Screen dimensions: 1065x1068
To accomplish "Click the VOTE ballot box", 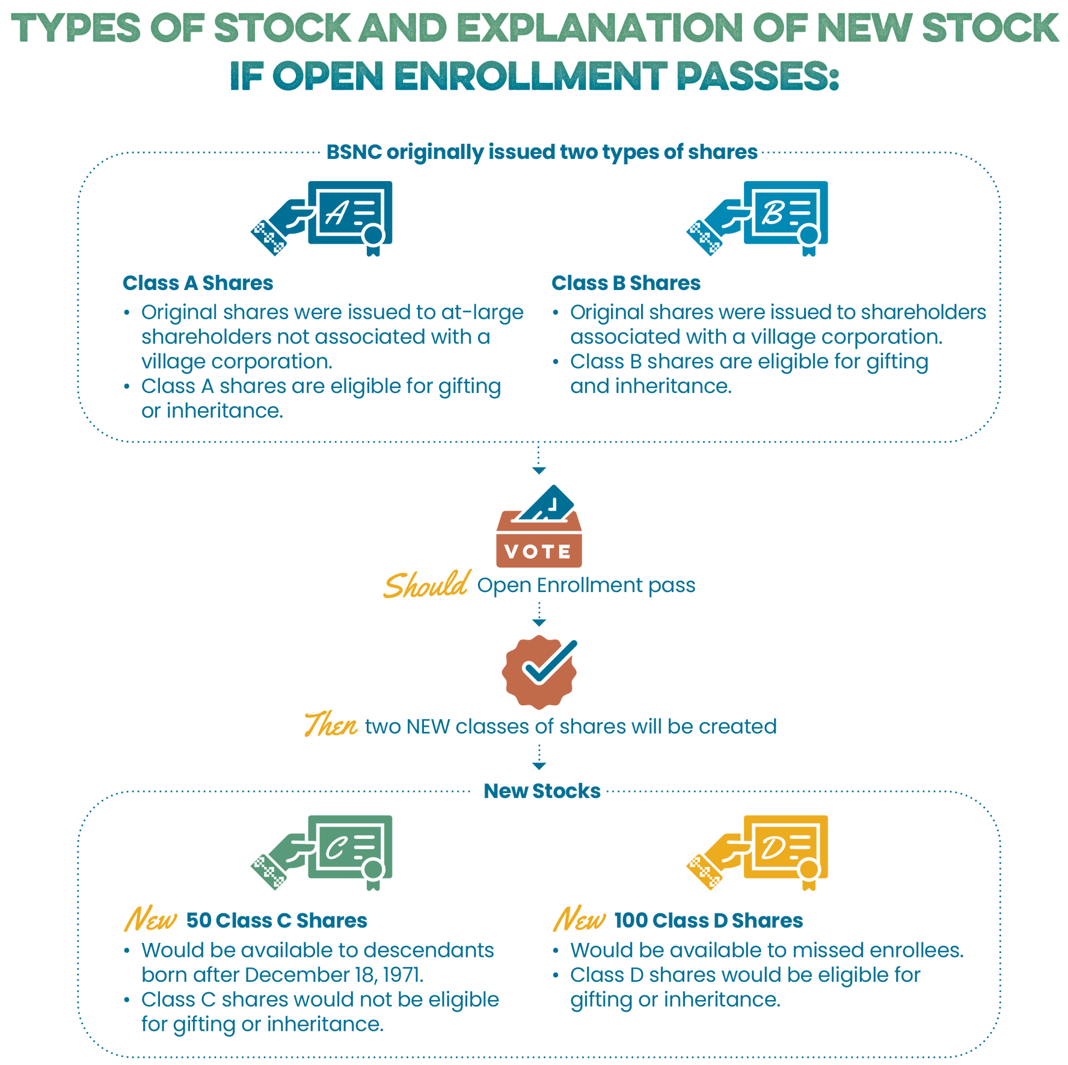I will [x=539, y=529].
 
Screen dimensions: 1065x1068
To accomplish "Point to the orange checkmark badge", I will [x=539, y=671].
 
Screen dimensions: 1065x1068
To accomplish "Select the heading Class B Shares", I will [x=625, y=283].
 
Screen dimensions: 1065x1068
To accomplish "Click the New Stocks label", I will [x=541, y=791].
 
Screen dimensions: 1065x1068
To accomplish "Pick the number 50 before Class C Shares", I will [x=198, y=921].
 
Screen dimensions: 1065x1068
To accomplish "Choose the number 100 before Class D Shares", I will [x=630, y=921].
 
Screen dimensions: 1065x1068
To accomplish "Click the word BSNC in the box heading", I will [x=354, y=152].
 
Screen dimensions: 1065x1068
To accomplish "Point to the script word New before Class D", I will [x=579, y=919].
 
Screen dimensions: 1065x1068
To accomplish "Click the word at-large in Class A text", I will [x=482, y=313].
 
